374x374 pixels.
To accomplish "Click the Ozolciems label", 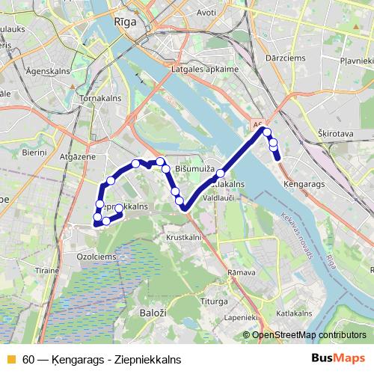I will click(x=94, y=256).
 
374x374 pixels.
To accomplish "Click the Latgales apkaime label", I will click(x=205, y=70).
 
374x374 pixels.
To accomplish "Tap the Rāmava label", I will click(x=242, y=273).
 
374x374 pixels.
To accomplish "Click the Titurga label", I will click(x=215, y=301).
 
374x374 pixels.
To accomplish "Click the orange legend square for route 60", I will click(x=10, y=360).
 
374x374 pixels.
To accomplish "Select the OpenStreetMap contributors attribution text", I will click(x=309, y=334).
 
